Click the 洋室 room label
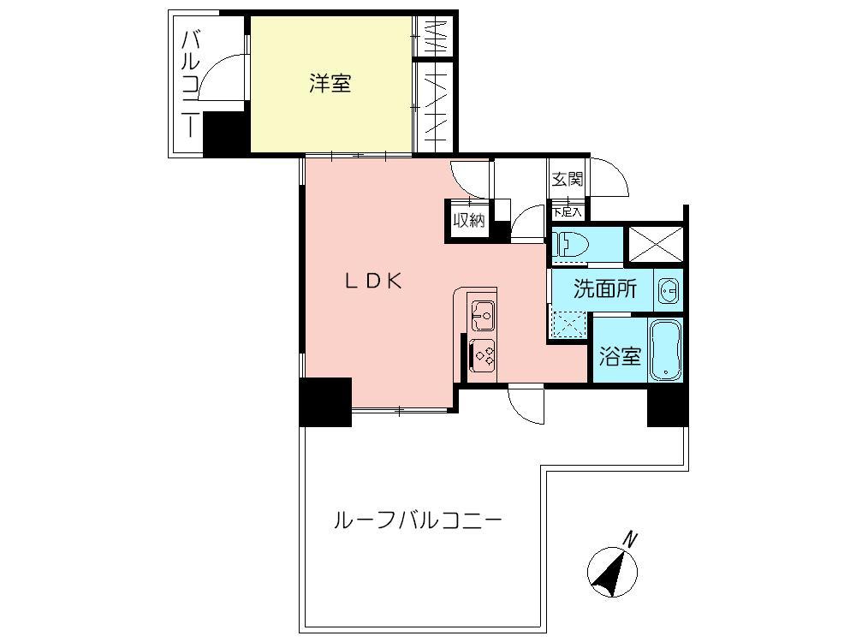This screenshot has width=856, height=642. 330,84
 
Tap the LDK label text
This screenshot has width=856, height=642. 373,281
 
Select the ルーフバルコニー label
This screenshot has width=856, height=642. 416,520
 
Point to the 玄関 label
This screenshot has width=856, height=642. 567,180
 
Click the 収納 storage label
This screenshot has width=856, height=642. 468,220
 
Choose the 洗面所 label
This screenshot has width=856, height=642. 605,289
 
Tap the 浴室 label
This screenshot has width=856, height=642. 619,357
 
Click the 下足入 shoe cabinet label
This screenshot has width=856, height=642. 567,211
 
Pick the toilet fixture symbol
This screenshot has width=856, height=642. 570,245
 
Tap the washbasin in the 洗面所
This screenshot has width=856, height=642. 669,291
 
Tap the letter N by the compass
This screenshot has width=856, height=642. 631,539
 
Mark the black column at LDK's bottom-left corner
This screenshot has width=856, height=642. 325,401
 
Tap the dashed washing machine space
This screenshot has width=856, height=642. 567,326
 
